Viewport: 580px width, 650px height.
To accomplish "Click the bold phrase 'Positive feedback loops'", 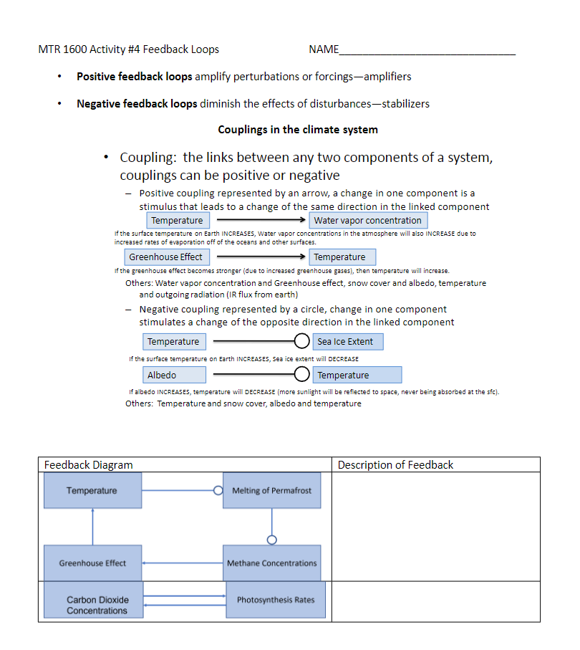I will point(135,76).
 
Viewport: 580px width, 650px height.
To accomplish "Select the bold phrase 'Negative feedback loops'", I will point(137,103).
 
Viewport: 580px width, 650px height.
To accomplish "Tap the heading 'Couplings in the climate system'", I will point(298,130).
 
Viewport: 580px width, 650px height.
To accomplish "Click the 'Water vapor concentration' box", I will point(367,220).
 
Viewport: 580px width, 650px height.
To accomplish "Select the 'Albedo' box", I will point(174,375).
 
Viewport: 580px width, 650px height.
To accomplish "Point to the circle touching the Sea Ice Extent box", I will point(301,341).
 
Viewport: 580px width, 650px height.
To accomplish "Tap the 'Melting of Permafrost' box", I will point(271,490).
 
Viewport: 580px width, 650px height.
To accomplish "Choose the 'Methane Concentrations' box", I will point(271,563).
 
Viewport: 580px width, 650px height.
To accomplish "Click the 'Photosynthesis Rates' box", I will point(276,600).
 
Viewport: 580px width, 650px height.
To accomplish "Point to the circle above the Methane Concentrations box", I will point(271,540).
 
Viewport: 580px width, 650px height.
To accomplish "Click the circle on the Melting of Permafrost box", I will point(218,490).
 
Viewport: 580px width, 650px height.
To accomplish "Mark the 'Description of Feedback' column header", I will point(395,465).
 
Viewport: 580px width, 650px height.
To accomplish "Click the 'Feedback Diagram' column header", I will point(89,465).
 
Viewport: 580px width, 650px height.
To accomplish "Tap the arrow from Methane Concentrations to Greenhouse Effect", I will point(183,563).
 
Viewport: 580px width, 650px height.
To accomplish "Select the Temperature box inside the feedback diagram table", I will point(92,490).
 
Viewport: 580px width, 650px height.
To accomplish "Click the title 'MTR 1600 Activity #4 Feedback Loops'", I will point(129,49).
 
